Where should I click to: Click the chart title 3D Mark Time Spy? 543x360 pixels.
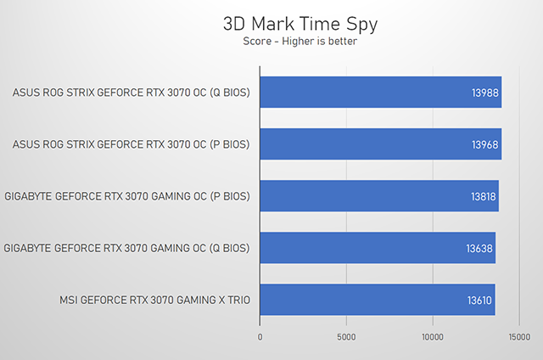271,23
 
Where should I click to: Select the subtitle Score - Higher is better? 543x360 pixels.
271,40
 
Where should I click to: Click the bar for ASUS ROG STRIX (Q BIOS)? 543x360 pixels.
380,93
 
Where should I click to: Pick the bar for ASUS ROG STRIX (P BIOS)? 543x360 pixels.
380,144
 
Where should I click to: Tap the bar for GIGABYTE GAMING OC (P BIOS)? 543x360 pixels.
378,196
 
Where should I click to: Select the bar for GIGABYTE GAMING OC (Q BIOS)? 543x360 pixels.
377,248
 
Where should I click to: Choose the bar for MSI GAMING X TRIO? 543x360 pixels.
377,300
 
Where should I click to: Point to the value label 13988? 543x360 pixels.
485,93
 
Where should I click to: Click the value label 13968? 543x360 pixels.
485,144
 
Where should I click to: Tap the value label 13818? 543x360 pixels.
482,196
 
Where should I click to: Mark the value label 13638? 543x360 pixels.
479,248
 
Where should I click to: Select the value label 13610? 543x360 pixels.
479,300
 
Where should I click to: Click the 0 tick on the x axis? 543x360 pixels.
260,336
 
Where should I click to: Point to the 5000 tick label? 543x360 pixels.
346,336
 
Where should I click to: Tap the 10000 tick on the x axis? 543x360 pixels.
433,336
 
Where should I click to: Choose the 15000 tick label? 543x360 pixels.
519,336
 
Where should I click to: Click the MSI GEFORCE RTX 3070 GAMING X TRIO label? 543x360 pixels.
155,300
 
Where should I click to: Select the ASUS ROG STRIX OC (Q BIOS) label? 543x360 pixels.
132,93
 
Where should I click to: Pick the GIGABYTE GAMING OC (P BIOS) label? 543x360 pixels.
127,196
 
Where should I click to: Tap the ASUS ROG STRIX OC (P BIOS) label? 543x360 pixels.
132,144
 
